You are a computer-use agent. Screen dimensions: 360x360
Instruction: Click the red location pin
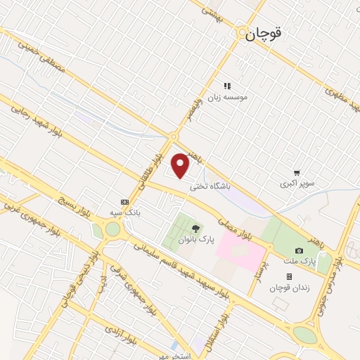(x=181, y=166)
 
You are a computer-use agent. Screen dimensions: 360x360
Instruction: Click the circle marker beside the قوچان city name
(x=242, y=34)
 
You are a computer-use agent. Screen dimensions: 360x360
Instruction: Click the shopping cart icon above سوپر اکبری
(x=297, y=172)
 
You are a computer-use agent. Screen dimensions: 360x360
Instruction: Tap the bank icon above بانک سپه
(x=124, y=201)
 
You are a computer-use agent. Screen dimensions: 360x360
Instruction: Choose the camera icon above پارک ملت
(x=300, y=251)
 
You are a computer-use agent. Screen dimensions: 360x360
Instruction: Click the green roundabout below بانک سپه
(x=112, y=229)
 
